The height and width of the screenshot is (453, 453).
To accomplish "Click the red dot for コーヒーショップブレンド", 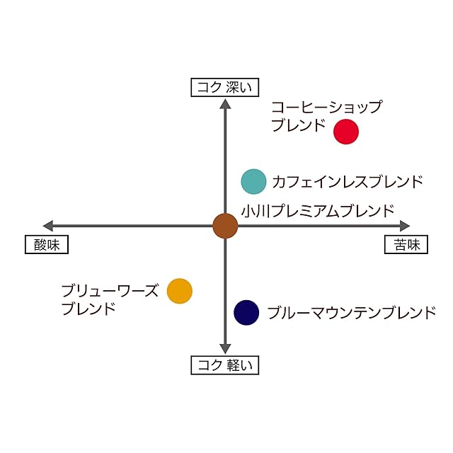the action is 346,132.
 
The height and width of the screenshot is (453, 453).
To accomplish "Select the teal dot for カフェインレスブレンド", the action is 253,181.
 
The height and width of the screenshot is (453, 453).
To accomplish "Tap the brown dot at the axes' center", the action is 225,226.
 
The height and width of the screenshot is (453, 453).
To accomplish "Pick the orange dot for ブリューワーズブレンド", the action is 180,290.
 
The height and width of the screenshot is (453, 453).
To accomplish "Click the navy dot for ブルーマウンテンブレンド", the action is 246,311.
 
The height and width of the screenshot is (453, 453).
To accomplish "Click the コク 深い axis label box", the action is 225,87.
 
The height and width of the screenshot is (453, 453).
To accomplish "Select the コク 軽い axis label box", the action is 225,365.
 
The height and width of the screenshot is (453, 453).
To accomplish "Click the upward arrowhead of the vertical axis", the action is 225,103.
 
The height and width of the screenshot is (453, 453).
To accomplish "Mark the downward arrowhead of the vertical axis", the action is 225,349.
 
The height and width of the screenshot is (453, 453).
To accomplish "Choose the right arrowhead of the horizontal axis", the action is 405,226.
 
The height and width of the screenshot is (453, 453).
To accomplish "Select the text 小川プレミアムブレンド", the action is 316,210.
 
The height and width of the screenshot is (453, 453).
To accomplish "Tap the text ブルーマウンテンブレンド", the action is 352,312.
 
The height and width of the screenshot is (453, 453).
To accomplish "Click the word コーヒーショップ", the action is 327,108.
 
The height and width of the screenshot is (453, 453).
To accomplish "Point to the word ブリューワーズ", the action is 110,291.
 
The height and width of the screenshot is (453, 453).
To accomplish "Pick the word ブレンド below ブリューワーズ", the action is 88,309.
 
